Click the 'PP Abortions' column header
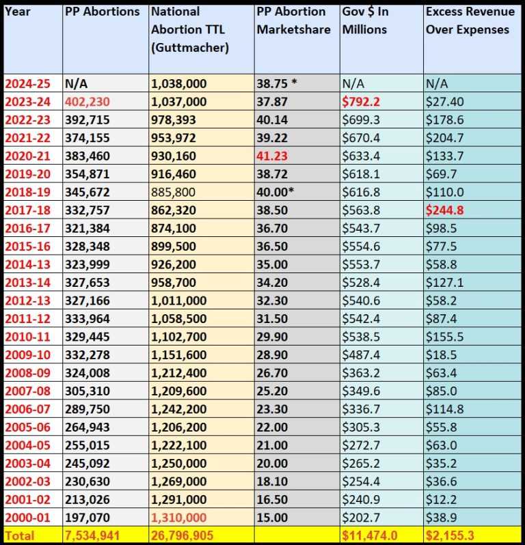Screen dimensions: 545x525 103,12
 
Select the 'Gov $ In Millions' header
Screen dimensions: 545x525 364,20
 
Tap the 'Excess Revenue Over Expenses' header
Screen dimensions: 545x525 467,20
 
